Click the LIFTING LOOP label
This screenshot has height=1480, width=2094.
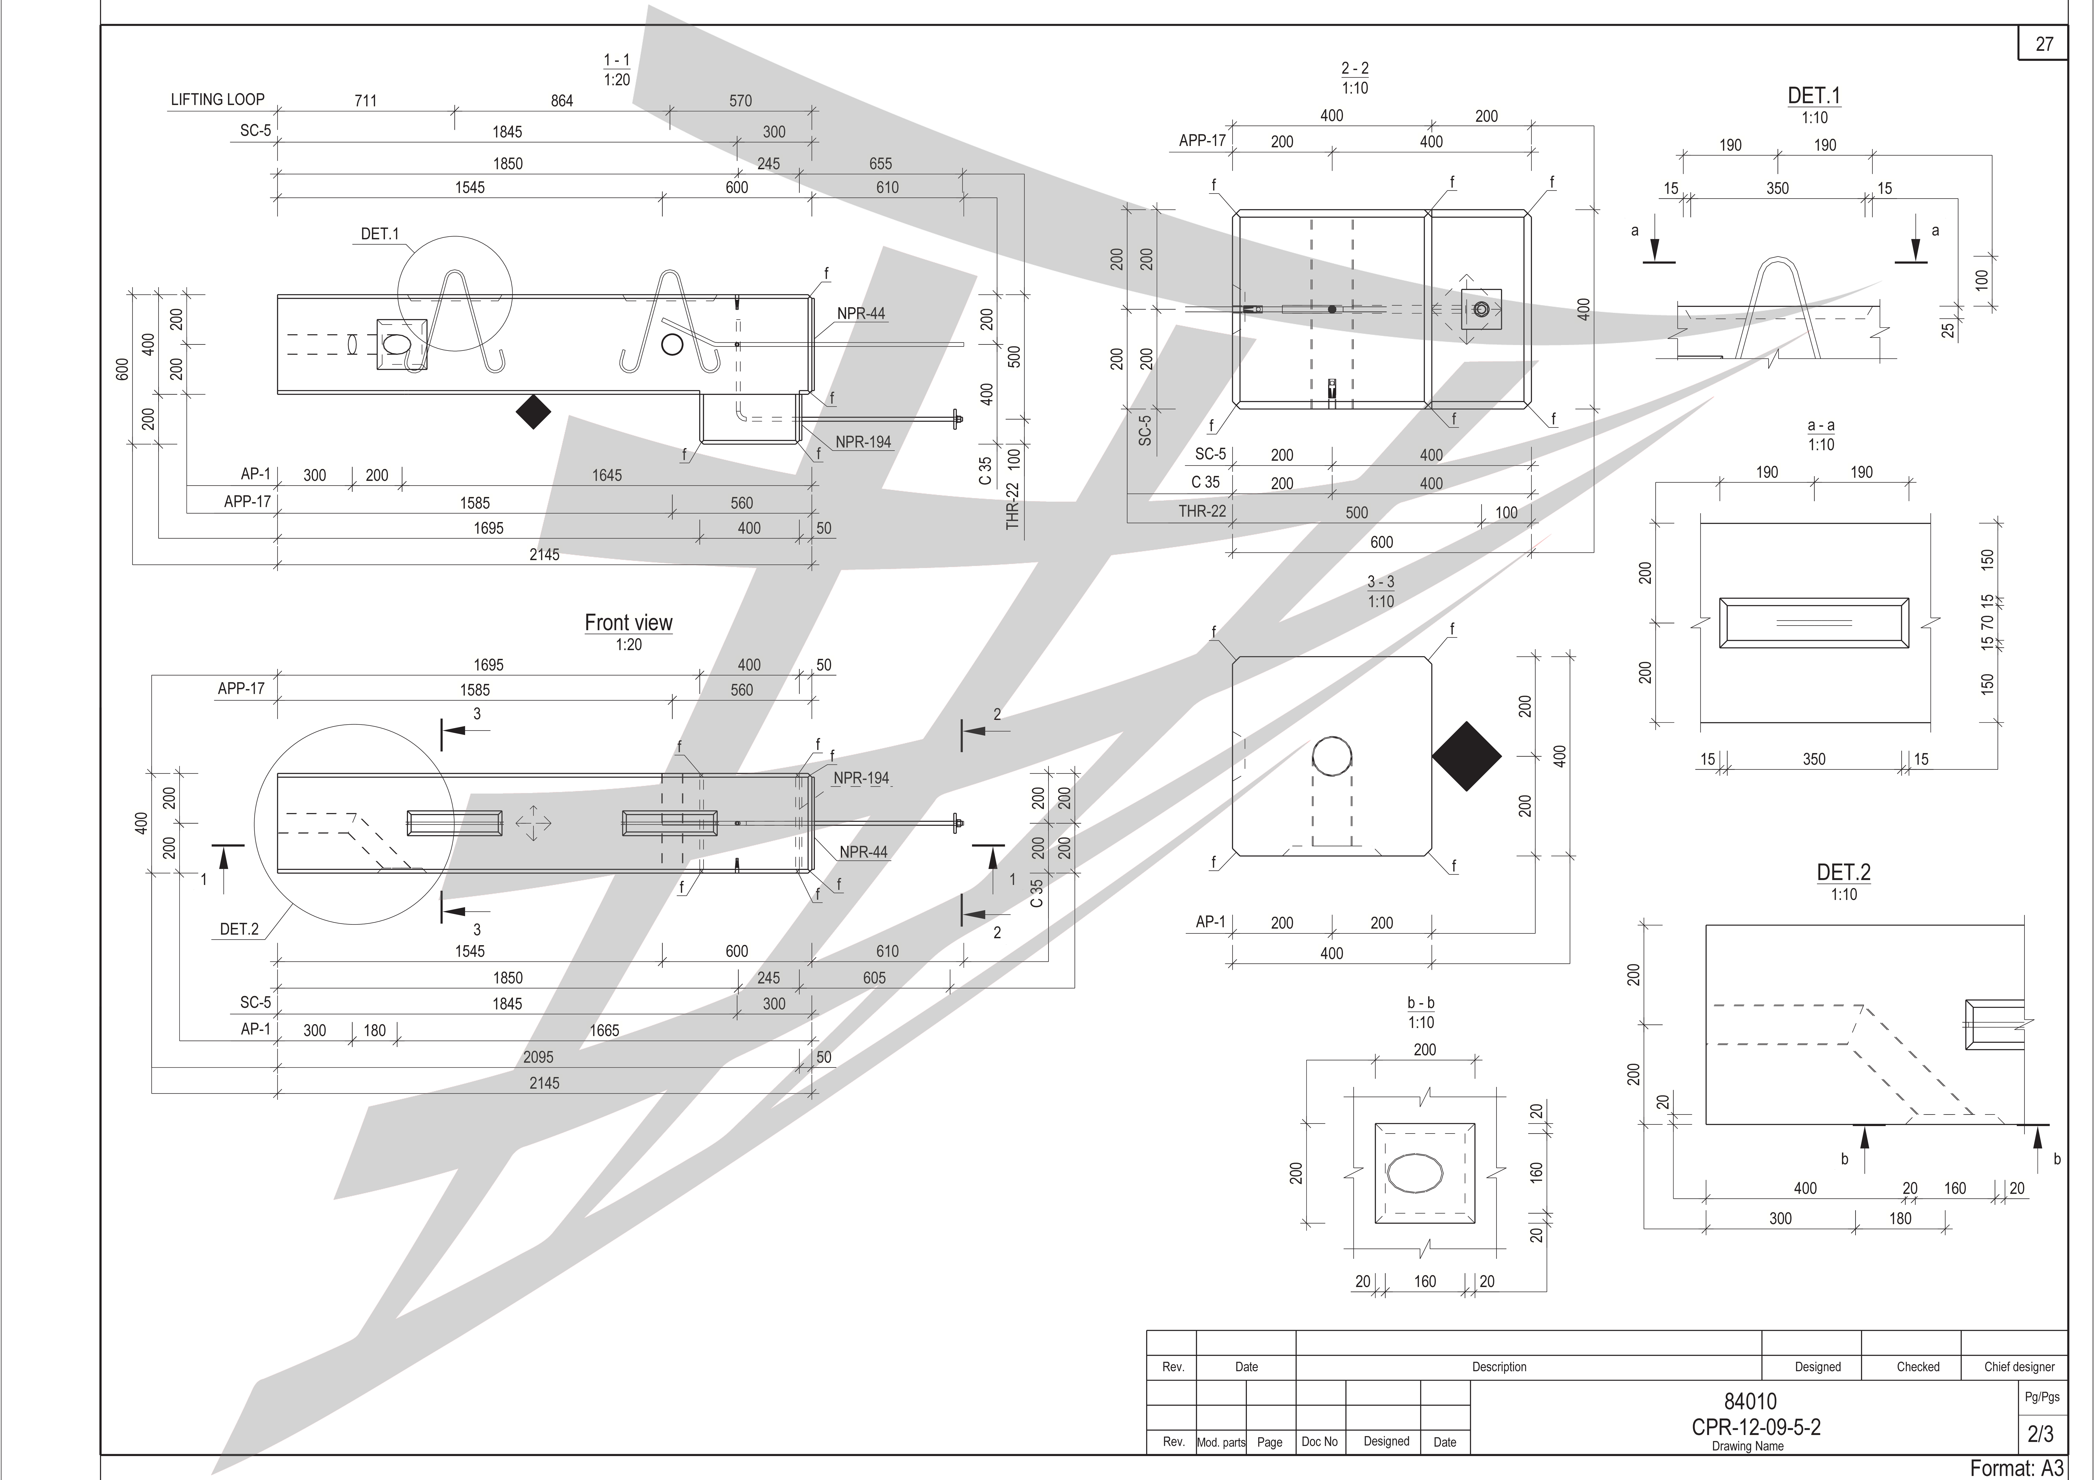tap(217, 99)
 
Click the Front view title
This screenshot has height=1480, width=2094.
tap(628, 622)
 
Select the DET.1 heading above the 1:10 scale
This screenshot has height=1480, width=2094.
tap(1813, 96)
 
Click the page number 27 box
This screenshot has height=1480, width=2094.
tap(2044, 44)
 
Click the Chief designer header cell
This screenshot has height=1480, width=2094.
tap(2019, 1367)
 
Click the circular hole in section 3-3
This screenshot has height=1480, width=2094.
tap(1331, 756)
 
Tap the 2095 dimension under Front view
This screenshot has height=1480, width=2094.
tap(538, 1057)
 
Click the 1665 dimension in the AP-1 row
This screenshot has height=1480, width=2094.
tap(604, 1030)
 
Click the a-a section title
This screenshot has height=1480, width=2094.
tap(1820, 425)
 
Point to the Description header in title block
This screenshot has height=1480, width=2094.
tap(1498, 1367)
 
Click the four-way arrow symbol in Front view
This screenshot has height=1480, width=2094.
tap(534, 823)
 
